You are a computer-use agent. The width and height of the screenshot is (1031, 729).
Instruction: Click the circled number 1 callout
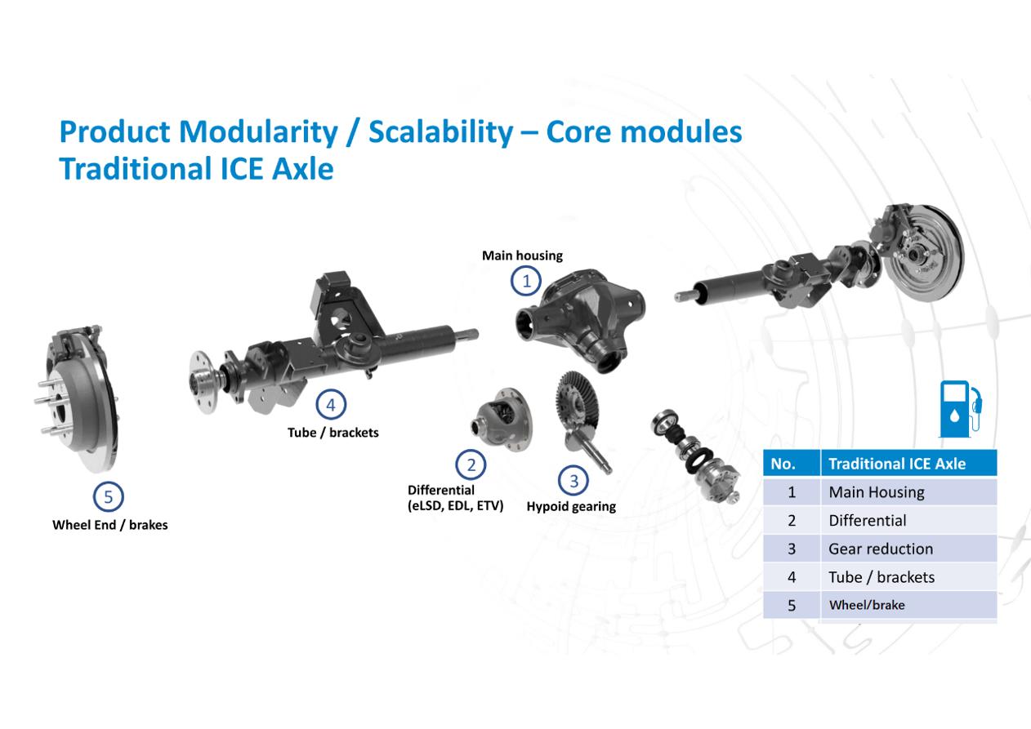[526, 281]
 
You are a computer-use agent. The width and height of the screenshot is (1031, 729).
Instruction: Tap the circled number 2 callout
[471, 465]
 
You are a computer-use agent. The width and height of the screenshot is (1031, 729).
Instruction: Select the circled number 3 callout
[574, 481]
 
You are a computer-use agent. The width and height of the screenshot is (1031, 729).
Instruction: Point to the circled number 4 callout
[331, 405]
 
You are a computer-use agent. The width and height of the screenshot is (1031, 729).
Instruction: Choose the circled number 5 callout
[108, 496]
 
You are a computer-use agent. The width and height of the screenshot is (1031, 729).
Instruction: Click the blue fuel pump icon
[960, 409]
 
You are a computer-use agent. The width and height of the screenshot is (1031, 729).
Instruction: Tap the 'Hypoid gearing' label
[571, 506]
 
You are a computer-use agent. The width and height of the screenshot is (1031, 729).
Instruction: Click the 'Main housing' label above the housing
[522, 256]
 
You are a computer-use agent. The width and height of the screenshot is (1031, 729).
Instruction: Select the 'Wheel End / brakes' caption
[110, 525]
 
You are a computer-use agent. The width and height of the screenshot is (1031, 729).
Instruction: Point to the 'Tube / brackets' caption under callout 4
[333, 433]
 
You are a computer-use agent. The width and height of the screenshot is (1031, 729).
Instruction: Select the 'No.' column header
[792, 463]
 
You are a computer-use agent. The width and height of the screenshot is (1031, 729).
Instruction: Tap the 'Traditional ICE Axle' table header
[908, 463]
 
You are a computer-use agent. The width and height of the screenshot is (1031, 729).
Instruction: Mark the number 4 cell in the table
[792, 577]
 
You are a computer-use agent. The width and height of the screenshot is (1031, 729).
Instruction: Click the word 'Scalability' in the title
[441, 132]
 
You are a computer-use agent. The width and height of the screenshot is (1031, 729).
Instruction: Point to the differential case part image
[502, 419]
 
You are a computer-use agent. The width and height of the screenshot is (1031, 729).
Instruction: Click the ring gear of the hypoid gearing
[576, 405]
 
